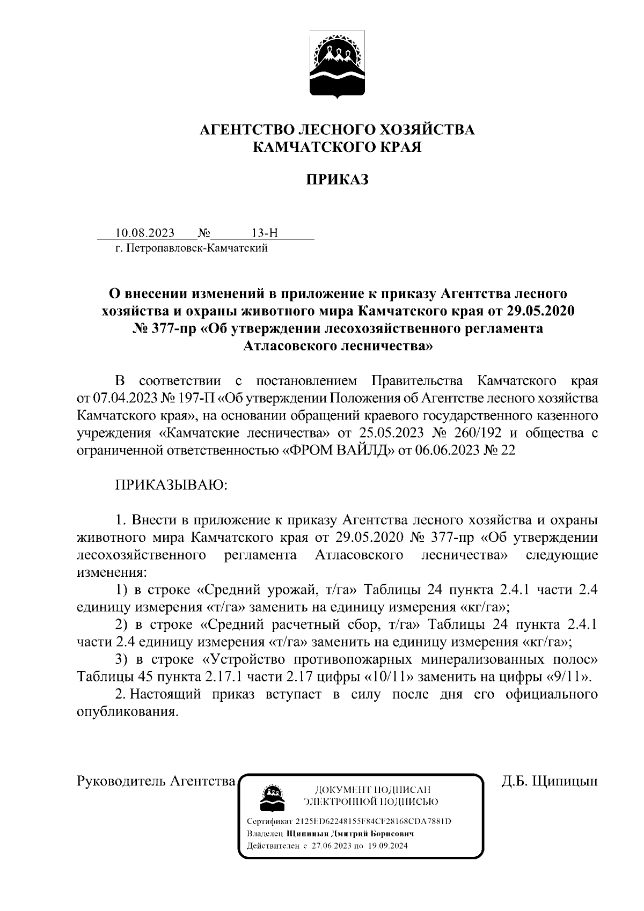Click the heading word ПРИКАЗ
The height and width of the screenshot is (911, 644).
337,180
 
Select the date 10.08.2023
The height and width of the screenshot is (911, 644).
145,233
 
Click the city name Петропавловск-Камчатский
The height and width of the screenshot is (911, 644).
196,248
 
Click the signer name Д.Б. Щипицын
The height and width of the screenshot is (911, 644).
550,781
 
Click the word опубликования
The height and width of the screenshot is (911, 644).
127,711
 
